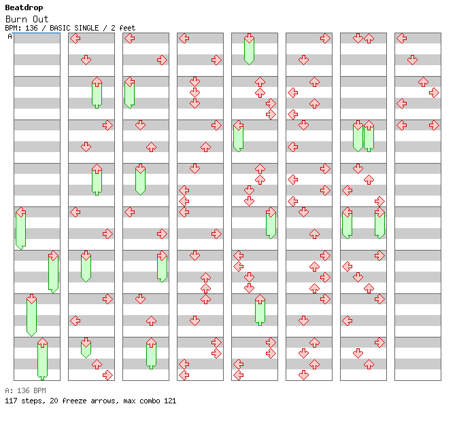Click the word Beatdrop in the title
pyautogui.click(x=24, y=7)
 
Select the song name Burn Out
pyautogui.click(x=31, y=19)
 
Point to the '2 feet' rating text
pyautogui.click(x=122, y=28)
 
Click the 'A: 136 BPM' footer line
pyautogui.click(x=25, y=390)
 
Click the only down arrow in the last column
pyautogui.click(x=412, y=60)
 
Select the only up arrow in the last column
pyautogui.click(x=423, y=81)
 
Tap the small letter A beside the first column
pyautogui.click(x=10, y=37)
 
